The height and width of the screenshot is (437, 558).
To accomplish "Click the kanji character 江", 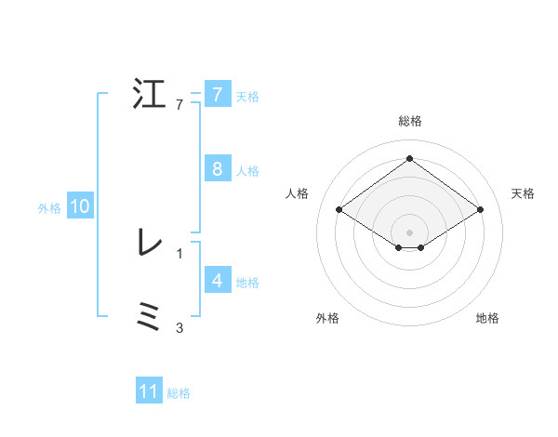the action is [x=149, y=96].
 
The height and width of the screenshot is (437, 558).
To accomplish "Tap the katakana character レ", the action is [x=149, y=243].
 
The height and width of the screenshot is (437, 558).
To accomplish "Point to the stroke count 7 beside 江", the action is [x=179, y=105].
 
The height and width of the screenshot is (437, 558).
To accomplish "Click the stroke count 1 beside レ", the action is [x=179, y=253].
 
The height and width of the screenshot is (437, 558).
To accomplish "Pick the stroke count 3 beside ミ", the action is [x=179, y=327].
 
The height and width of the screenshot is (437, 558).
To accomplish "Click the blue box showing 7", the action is [x=217, y=95].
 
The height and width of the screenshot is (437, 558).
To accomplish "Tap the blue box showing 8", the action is [x=217, y=169].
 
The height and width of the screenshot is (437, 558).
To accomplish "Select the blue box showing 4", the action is [x=217, y=281].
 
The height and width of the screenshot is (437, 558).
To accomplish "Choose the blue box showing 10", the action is [x=80, y=207].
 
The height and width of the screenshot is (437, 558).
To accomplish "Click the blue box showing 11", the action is [x=149, y=391].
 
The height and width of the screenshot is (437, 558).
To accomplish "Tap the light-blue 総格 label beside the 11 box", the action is [x=179, y=393].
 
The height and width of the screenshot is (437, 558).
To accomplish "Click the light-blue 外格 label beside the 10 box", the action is [x=49, y=208].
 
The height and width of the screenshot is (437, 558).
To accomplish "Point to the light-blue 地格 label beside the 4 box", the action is [x=247, y=282].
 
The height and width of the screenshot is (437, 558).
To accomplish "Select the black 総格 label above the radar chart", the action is [x=409, y=121].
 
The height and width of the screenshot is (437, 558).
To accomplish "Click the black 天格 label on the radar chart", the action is [x=524, y=193].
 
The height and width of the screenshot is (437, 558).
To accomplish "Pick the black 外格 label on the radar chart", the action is [x=327, y=318].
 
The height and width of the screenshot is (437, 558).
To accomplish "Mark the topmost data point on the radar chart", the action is [x=409, y=159].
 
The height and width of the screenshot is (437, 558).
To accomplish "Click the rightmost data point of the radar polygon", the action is [x=480, y=210].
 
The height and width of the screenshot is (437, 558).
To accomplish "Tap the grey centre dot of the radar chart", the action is [x=409, y=231].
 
